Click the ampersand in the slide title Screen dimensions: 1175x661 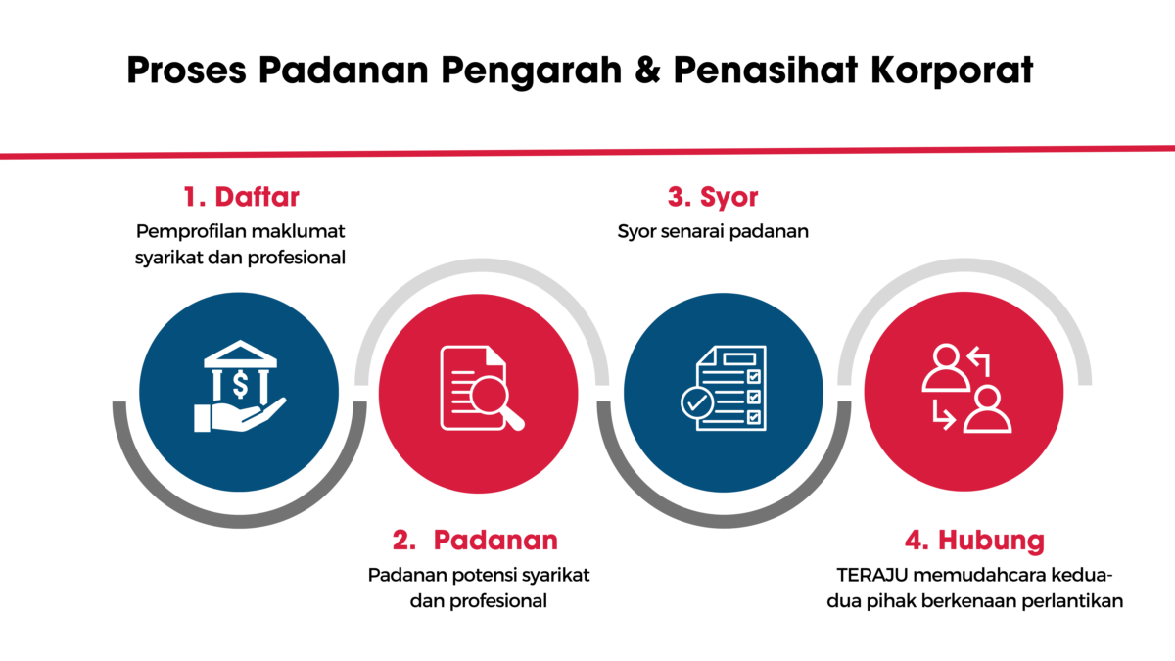(648, 70)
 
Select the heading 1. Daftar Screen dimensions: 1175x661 (241, 197)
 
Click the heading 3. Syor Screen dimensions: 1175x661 (713, 198)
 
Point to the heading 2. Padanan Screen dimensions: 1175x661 (475, 540)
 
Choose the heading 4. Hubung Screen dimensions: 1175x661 (974, 541)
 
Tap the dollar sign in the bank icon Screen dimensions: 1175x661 (240, 385)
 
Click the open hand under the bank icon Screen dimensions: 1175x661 (240, 415)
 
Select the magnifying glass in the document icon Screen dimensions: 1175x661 (495, 401)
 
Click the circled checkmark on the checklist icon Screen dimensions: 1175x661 (696, 402)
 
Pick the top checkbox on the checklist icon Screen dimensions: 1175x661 (753, 377)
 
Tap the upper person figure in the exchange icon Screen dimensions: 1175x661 (946, 368)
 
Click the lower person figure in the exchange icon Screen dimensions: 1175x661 (988, 409)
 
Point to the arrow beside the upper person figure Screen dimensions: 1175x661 (979, 361)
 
